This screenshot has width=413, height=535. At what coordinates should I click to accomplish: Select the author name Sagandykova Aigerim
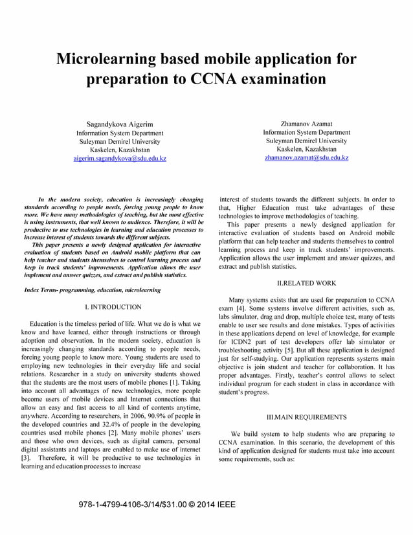120,123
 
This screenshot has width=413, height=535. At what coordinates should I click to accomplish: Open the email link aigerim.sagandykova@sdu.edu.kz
120,158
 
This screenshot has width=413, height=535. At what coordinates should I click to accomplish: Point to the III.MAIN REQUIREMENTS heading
306,416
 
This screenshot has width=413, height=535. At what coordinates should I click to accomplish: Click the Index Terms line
92,290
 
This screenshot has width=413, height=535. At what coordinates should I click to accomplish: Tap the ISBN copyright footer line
157,504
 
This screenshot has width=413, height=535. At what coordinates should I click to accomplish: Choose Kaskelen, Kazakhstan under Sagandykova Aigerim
120,149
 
